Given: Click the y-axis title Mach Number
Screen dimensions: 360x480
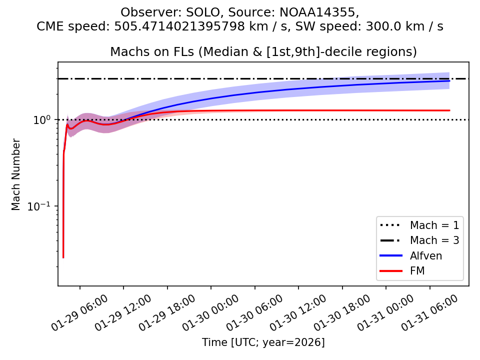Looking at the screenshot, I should [16, 174].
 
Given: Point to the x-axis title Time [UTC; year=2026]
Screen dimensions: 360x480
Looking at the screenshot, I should [263, 342].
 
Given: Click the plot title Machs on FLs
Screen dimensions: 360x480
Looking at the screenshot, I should [263, 52].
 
